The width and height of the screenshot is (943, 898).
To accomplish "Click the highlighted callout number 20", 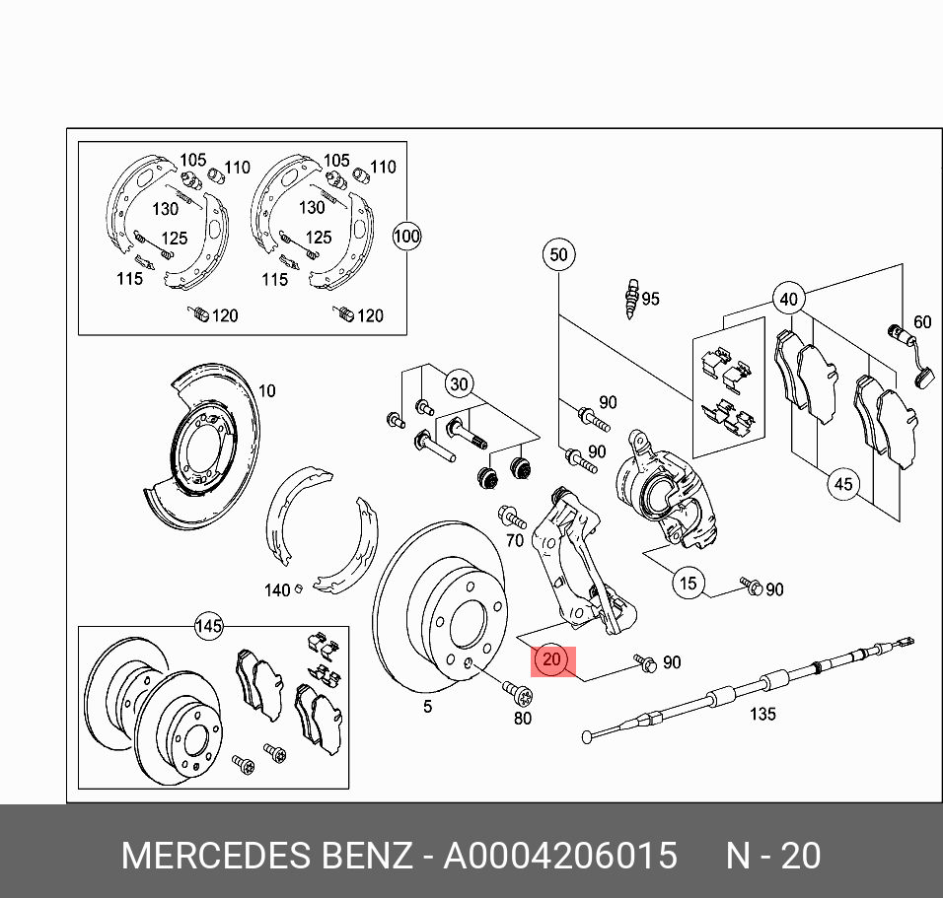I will [551, 659].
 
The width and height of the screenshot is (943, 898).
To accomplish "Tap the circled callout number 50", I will [558, 255].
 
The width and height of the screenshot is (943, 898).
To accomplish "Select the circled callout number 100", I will [406, 237].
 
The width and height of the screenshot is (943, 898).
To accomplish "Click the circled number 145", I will [208, 626].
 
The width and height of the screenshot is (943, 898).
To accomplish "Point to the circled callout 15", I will [689, 583].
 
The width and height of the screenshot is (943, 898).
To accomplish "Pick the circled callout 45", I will [842, 484].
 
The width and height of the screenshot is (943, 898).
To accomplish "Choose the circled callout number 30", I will [459, 383].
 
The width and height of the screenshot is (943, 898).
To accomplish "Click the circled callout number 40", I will [787, 299].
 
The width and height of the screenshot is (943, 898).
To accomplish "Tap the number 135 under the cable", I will [762, 715].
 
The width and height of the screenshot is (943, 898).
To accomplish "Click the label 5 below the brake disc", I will [427, 707].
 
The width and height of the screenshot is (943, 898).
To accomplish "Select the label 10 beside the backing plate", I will [266, 391].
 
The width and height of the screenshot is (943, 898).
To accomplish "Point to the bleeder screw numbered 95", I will [630, 298].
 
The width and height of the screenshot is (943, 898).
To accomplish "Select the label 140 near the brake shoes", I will [277, 590].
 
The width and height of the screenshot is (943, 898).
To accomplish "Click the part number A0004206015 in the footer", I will [559, 856].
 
